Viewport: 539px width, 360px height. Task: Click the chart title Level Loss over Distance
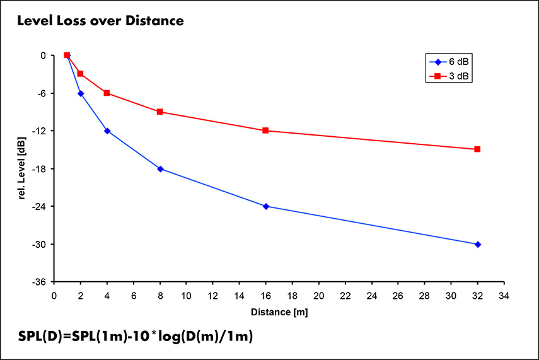point(100,21)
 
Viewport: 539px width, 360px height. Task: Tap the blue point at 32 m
point(477,244)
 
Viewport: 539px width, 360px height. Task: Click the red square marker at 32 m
point(477,149)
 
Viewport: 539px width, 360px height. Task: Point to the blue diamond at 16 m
point(265,206)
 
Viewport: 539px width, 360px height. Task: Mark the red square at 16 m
point(265,131)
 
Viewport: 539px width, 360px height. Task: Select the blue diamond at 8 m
point(160,169)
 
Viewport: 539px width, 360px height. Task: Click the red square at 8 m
point(160,112)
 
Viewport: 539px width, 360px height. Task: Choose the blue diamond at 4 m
point(107,131)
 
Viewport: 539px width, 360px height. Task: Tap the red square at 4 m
point(107,93)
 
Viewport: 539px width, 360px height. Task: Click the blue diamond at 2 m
point(81,93)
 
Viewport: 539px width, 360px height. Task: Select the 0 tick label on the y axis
point(43,55)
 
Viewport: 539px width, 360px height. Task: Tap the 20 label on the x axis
point(318,295)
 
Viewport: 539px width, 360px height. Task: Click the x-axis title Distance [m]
point(279,311)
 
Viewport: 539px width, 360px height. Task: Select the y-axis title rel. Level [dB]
point(21,168)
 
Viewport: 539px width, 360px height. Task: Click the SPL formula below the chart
point(136,337)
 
